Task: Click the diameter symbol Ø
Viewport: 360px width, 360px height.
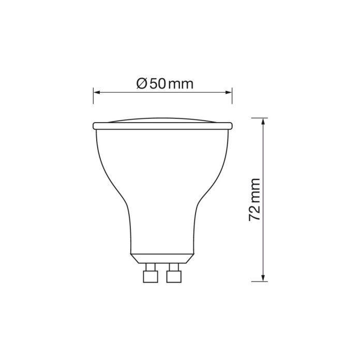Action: point(142,83)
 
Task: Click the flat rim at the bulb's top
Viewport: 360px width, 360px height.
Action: point(162,126)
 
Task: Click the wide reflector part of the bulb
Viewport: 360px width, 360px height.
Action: point(162,160)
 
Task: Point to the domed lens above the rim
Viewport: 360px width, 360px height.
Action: point(162,119)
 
